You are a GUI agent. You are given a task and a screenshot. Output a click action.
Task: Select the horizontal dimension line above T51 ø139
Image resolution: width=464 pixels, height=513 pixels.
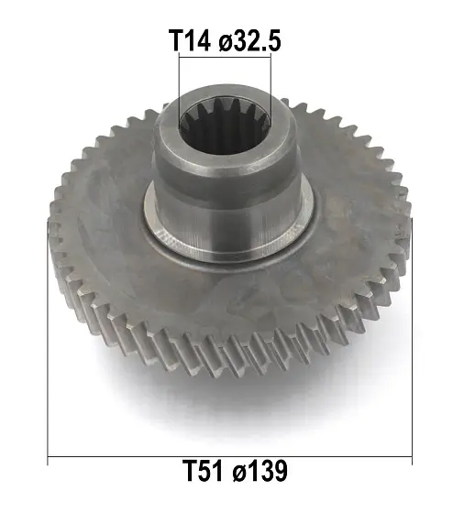coord(229,455)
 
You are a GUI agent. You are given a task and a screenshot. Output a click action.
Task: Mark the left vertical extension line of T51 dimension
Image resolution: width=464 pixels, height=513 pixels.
coord(48,348)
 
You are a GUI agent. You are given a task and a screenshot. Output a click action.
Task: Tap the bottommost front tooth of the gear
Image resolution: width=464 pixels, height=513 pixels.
coord(229,365)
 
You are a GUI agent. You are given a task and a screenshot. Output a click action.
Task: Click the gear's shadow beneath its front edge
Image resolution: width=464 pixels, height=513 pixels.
coord(229,403)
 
